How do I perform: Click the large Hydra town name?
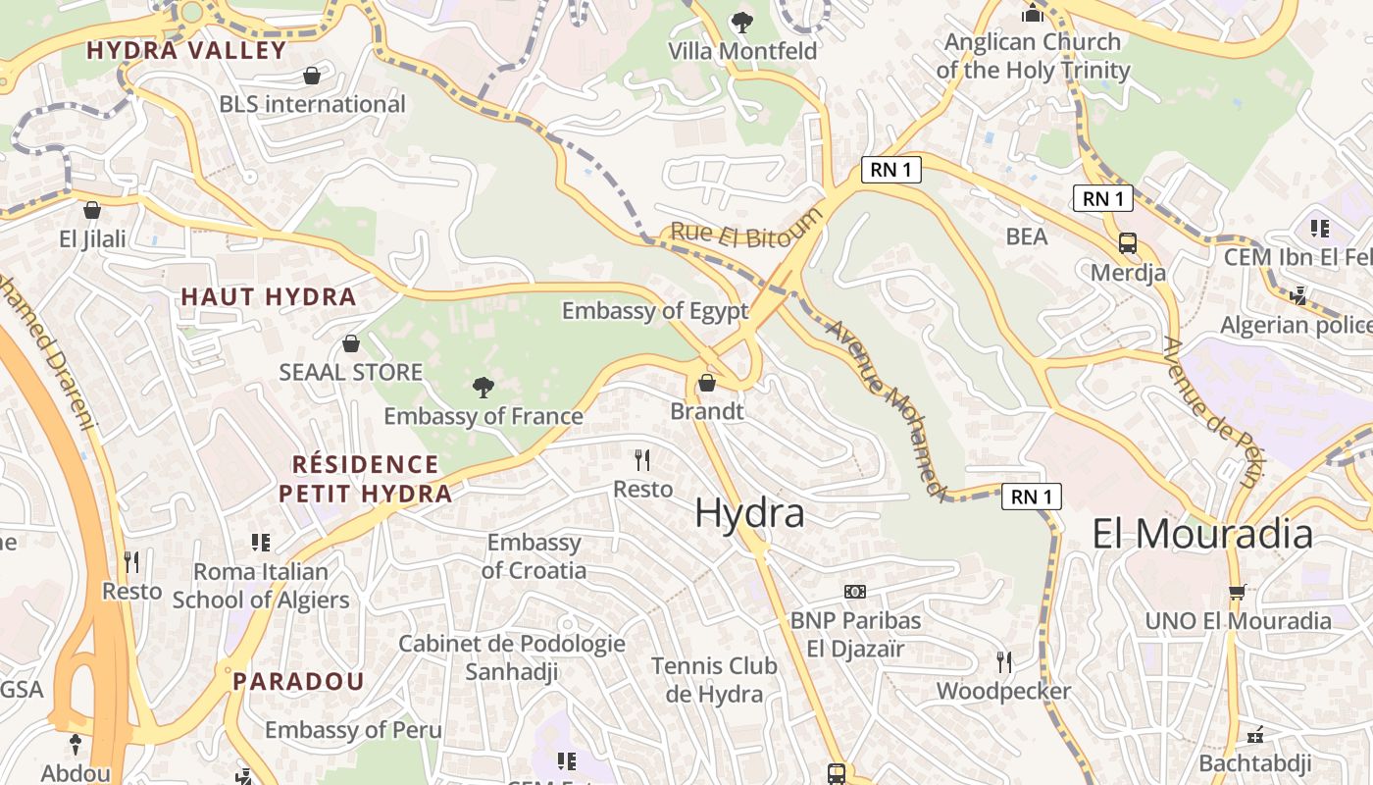coord(749,513)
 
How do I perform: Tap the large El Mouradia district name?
coord(1202,534)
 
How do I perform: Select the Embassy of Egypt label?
coord(654,311)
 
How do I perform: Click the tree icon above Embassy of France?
coord(483,388)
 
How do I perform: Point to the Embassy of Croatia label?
coord(534,556)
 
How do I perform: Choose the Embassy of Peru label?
coord(353,730)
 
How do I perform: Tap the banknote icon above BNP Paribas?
coord(855,592)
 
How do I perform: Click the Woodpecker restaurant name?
coord(1003,691)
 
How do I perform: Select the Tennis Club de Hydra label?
coord(714,680)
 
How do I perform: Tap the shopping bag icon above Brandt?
coord(706,383)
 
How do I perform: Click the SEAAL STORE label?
coord(351,372)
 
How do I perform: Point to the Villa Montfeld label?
coord(742,51)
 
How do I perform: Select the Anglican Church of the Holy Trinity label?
coord(1033,56)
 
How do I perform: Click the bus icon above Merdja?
coord(1128,243)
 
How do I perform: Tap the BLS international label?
coord(312,104)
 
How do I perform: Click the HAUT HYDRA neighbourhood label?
coord(268,296)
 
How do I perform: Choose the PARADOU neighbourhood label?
coord(298,681)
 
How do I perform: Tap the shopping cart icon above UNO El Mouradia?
coord(1238,592)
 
